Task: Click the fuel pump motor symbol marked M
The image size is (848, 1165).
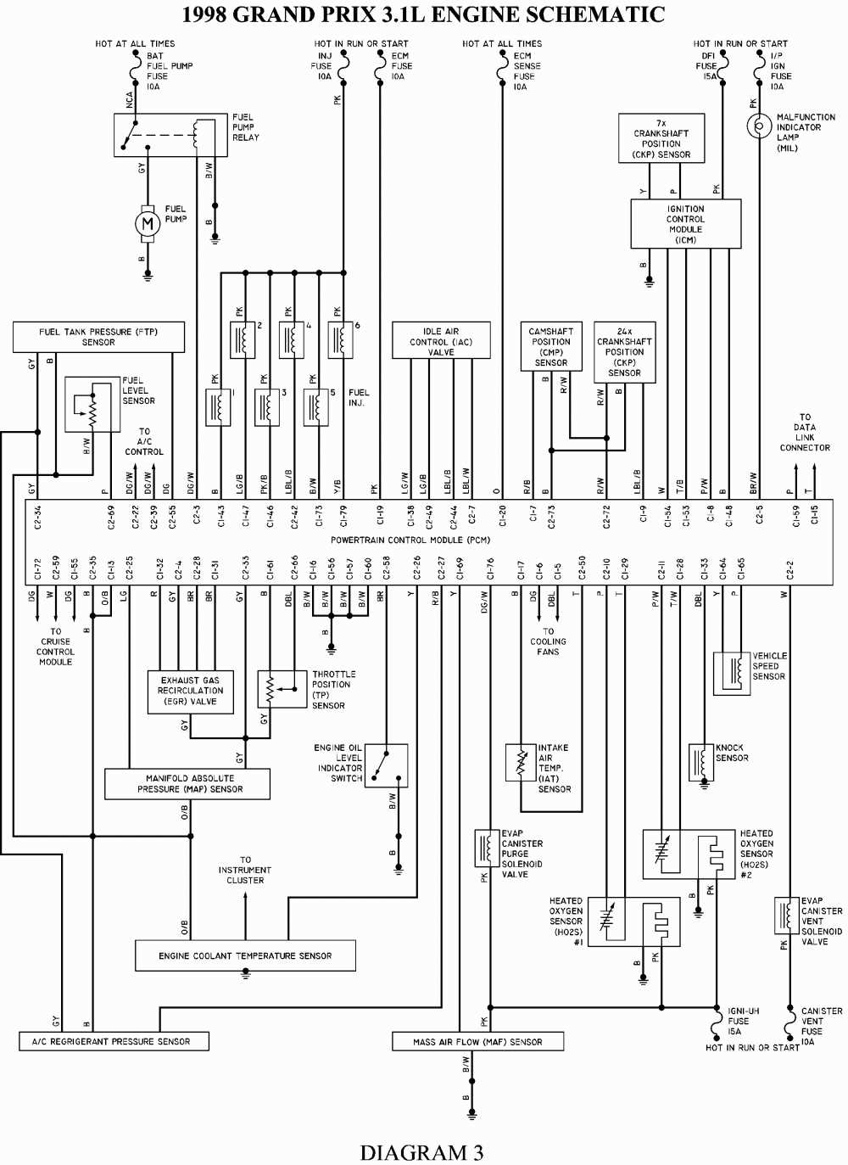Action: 148,224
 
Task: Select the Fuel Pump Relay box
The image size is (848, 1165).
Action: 170,135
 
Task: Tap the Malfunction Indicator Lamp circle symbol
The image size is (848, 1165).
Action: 759,126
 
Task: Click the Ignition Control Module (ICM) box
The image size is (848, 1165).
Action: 685,224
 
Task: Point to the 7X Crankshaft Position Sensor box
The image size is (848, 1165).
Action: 661,138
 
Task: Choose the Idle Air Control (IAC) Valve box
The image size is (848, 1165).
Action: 441,340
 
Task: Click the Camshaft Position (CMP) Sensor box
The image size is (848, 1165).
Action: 551,346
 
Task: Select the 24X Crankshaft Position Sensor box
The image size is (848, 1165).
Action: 624,352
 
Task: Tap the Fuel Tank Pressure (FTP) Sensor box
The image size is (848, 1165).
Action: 98,337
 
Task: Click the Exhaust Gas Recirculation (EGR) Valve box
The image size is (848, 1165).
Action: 191,692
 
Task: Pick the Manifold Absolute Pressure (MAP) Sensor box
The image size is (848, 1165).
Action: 187,784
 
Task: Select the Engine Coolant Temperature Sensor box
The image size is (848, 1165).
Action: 245,955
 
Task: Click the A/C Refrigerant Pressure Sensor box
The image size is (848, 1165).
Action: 114,1041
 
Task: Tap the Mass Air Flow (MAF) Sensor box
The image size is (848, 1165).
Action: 477,1041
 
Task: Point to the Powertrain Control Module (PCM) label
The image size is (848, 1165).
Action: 410,540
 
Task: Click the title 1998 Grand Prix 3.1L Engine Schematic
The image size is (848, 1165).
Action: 423,14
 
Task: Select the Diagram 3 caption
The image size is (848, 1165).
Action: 421,1151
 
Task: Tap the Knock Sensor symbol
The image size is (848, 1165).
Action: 701,761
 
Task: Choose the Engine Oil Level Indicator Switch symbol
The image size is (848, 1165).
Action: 386,765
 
